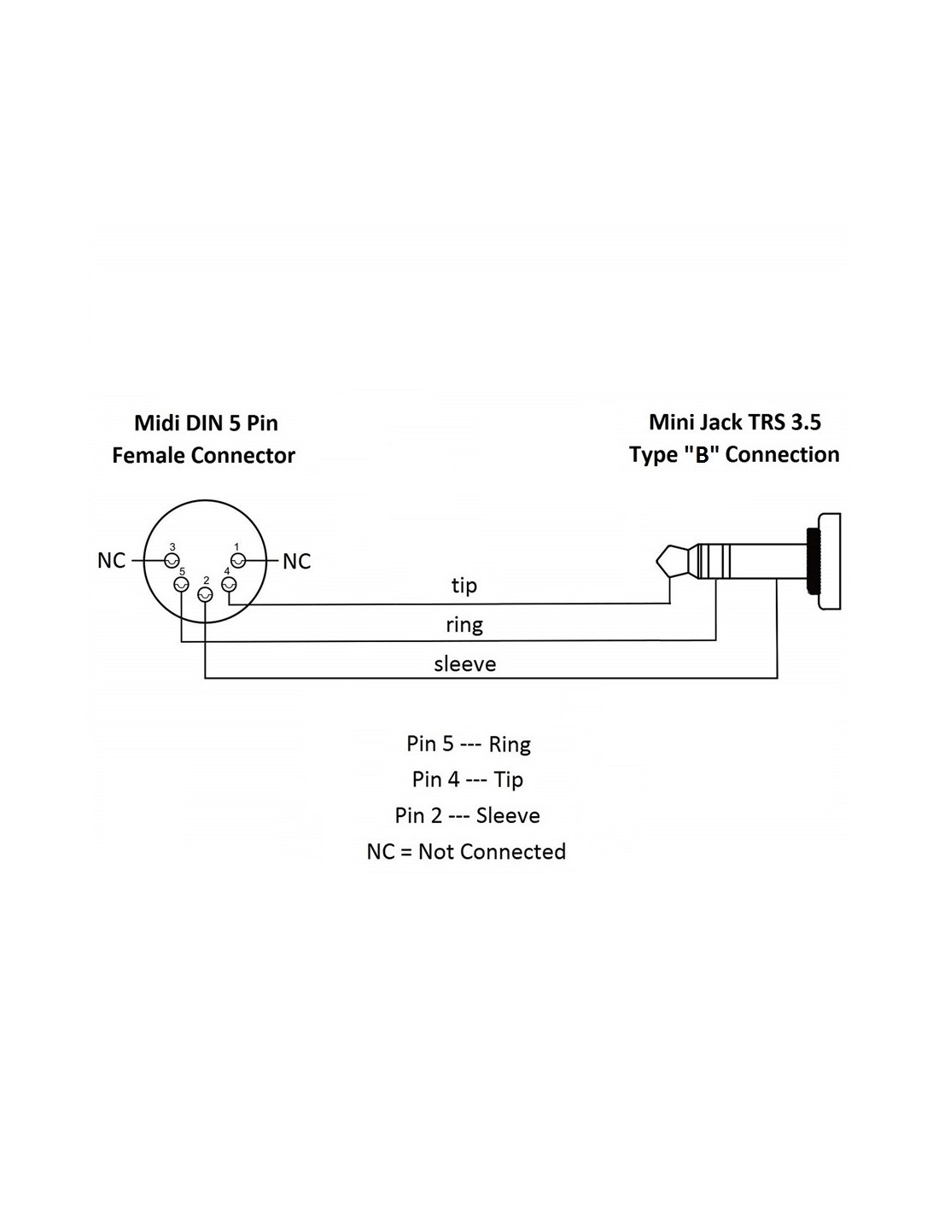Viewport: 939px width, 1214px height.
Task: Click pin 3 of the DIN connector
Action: coord(172,560)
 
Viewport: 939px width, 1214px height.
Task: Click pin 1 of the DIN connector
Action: coord(238,560)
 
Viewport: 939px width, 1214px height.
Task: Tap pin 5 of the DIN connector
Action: coord(181,585)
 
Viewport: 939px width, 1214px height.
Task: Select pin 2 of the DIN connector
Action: coord(205,595)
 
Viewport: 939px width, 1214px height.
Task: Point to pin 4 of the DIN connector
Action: coord(229,585)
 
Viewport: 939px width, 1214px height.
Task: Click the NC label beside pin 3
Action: coord(111,560)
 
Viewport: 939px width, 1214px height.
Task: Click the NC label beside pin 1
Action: coord(296,562)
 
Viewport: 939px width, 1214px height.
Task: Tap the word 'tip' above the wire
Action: coord(464,586)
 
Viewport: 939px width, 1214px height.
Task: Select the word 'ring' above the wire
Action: coord(464,625)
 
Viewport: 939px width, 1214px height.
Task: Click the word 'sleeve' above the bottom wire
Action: coord(464,664)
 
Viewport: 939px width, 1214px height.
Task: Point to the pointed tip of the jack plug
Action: coord(658,561)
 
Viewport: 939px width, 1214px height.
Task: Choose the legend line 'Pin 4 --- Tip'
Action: coord(468,780)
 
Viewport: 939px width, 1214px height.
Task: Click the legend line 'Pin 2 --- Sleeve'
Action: coord(467,815)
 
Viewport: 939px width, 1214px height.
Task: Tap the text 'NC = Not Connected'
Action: coord(466,851)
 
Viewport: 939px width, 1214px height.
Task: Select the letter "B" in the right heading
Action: coord(702,455)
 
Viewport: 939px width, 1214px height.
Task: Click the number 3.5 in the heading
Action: coord(806,423)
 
